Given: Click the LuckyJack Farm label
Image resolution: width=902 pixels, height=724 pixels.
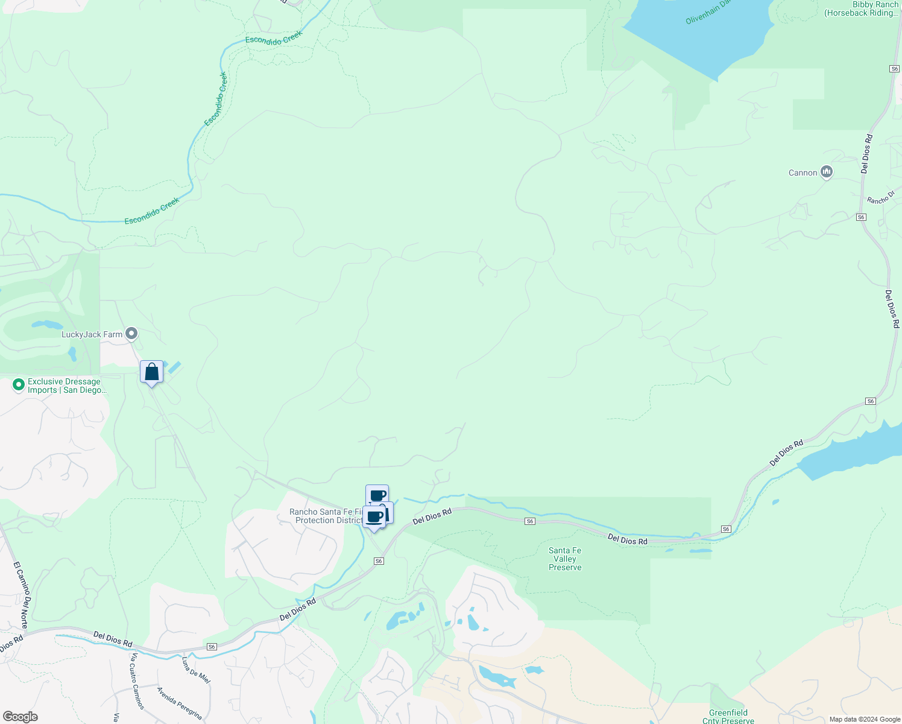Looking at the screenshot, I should coord(92,334).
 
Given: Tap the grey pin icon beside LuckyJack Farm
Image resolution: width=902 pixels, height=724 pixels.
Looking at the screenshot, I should coord(131,334).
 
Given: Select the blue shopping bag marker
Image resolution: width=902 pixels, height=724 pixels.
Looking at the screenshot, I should coord(151,372).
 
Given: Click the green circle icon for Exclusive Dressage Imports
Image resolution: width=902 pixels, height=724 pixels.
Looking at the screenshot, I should coord(18,384).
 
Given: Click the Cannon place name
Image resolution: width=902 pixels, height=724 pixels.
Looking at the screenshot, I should coord(803,173).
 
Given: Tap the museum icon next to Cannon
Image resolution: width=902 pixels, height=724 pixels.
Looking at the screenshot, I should coord(827,173).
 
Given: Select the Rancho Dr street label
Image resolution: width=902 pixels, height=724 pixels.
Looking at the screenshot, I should coord(881,197).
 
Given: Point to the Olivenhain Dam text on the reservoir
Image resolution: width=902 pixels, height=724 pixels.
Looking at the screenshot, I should coord(708,13).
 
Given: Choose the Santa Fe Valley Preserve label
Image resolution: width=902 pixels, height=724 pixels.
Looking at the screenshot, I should coord(565,559).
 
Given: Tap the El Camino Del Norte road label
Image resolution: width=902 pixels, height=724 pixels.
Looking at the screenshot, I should coord(21,595).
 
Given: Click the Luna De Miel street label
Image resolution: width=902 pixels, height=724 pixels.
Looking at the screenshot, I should coord(196,670).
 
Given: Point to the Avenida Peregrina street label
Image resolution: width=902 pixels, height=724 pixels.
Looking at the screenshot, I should coord(179,703).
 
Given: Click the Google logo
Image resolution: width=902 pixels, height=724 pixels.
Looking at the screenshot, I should coord(20,717).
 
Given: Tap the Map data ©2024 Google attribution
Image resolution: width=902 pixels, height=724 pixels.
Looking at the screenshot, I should coord(865,719).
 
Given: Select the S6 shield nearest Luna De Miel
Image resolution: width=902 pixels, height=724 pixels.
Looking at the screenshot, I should coord(212,647).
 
